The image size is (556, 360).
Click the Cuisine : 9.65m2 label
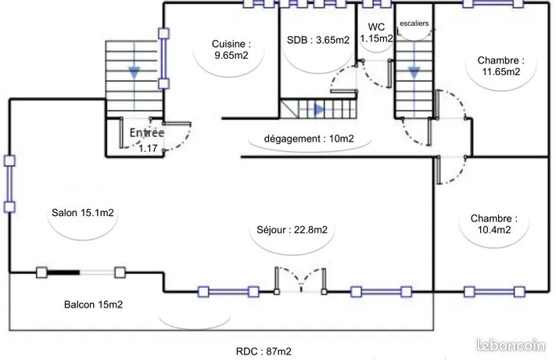231,49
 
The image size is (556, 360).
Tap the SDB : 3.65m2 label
318,40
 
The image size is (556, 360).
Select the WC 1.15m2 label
376,32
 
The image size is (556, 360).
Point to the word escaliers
414,23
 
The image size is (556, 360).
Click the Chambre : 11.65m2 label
500,66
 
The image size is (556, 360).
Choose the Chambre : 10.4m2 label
494,224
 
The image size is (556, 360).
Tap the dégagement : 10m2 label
309,139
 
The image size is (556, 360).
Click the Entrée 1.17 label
147,140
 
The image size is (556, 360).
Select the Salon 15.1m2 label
83,213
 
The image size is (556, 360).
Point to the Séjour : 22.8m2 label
292,230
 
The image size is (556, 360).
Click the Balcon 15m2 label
93,304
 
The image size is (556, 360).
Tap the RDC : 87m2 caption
264,351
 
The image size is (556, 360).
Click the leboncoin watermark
511,344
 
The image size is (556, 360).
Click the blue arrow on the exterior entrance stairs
134,72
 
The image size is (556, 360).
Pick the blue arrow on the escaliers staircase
414,72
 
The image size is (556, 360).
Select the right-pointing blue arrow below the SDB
320,110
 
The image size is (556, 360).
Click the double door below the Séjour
300,280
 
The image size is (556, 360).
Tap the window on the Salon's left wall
9,184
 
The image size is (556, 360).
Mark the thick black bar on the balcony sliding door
63,272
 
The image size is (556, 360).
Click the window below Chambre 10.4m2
494,292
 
